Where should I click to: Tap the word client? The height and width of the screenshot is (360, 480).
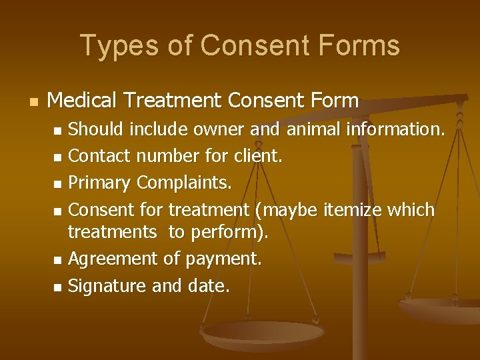click(257, 156)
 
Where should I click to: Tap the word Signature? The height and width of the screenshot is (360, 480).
click(108, 286)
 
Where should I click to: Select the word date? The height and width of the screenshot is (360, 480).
click(207, 286)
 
